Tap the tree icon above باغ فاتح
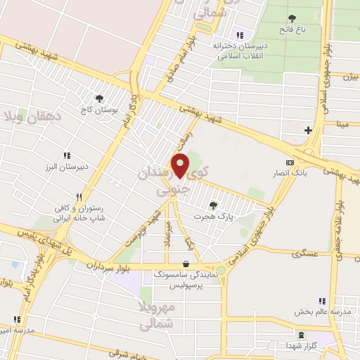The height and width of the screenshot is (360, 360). point(292,18)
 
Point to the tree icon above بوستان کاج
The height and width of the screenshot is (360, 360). point(98,99)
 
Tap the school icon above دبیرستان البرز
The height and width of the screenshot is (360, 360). point(67,155)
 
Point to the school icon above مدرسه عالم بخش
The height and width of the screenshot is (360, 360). point(322,300)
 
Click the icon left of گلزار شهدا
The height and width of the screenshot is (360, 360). point(302,335)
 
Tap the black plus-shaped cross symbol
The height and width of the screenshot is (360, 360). point(308,130)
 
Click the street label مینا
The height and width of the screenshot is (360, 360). point(343,124)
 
